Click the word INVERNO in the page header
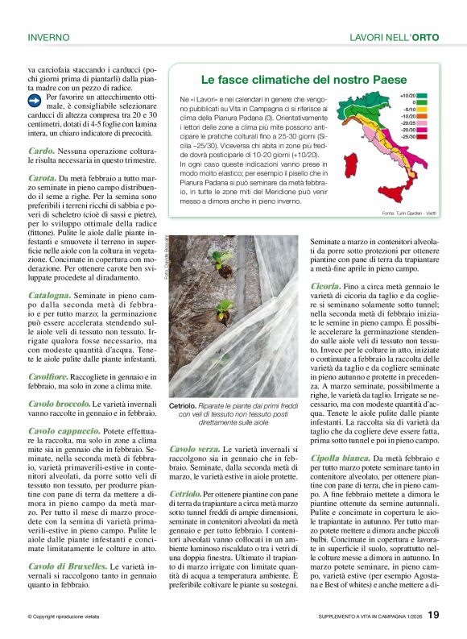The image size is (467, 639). [x=49, y=37]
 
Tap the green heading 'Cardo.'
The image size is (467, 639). [x=42, y=151]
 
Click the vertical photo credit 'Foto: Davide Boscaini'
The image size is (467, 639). [x=163, y=257]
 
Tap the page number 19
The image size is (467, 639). [x=433, y=616]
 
